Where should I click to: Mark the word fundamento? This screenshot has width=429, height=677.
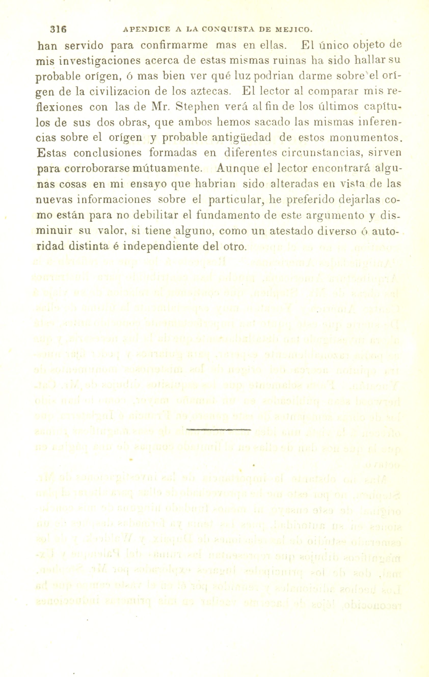[x=229, y=215]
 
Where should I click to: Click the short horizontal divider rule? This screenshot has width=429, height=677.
[x=218, y=430]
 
